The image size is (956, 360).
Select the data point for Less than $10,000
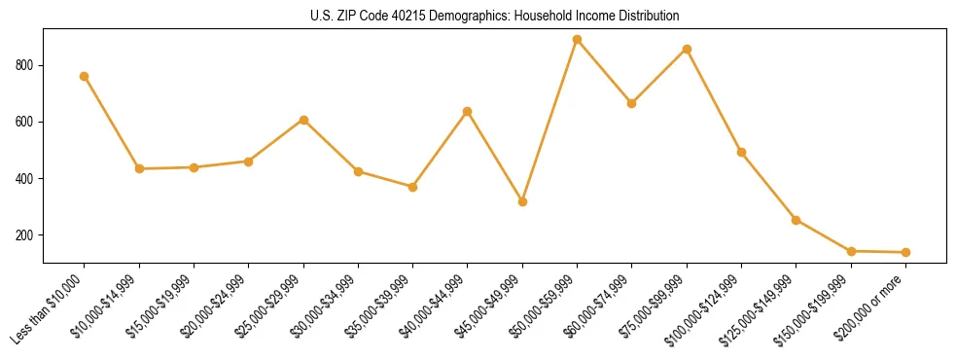tap(85, 76)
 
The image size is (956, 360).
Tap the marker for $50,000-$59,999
tap(577, 40)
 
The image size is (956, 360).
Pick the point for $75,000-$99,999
tap(687, 49)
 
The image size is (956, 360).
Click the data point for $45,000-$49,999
tap(522, 201)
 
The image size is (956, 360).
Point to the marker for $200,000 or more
tap(905, 252)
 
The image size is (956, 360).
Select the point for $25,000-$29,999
tap(303, 120)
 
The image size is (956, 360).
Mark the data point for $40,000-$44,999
tap(468, 111)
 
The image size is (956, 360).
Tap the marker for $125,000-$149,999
tap(796, 220)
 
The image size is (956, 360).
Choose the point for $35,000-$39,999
tap(412, 187)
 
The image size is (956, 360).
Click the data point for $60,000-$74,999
tap(632, 103)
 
